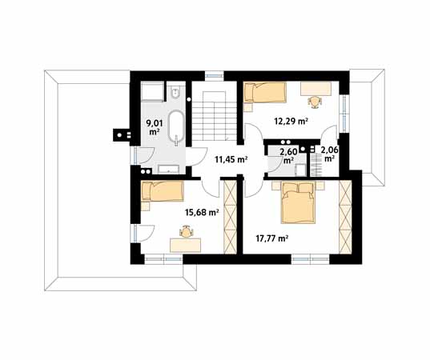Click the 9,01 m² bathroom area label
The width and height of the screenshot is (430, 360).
[155, 128]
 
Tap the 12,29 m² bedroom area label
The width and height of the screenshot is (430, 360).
[291, 121]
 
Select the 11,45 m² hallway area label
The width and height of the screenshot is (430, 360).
[231, 159]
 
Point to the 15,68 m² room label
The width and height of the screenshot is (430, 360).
[202, 212]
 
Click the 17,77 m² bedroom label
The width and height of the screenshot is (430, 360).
[271, 238]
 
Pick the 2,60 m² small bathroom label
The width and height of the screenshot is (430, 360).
[288, 156]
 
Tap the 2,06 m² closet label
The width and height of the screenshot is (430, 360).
[329, 154]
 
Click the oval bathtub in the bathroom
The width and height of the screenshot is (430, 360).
[176, 127]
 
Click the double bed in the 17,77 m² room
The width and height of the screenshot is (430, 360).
[298, 203]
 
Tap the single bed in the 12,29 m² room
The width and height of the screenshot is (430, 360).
[265, 93]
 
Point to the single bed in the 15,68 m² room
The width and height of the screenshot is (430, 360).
[163, 191]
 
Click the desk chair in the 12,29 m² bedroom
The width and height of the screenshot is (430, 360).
[315, 101]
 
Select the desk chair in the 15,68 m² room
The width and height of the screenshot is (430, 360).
[187, 232]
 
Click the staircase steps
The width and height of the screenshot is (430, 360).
[214, 116]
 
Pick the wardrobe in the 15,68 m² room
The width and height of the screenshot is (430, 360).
[231, 217]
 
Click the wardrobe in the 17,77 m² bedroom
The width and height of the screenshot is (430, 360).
[345, 217]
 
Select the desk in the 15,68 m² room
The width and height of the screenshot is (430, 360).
[186, 246]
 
